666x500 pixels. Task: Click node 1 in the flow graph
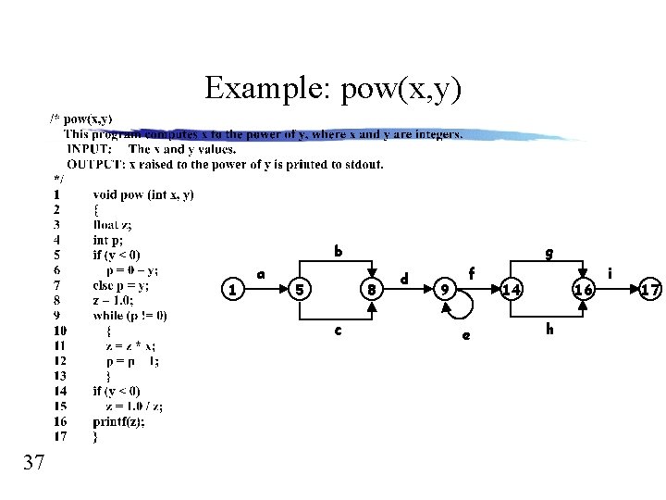(x=234, y=290)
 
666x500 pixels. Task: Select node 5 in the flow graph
(x=299, y=290)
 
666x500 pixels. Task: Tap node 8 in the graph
(x=371, y=290)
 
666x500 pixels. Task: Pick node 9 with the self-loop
(x=445, y=290)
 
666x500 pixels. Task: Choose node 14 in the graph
(x=512, y=290)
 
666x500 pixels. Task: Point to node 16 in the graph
(x=583, y=290)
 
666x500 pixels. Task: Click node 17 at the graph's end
(x=650, y=290)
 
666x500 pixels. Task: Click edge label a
(x=262, y=274)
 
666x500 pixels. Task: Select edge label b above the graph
(x=338, y=251)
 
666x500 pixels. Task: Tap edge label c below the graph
(x=338, y=330)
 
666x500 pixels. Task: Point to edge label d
(x=404, y=278)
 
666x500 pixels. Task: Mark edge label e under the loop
(x=465, y=335)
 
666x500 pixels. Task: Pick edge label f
(x=472, y=273)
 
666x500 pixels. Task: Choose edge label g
(x=549, y=251)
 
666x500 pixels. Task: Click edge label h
(x=549, y=329)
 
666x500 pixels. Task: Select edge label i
(x=610, y=273)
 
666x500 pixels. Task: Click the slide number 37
(x=33, y=462)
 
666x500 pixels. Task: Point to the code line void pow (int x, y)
(x=143, y=194)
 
